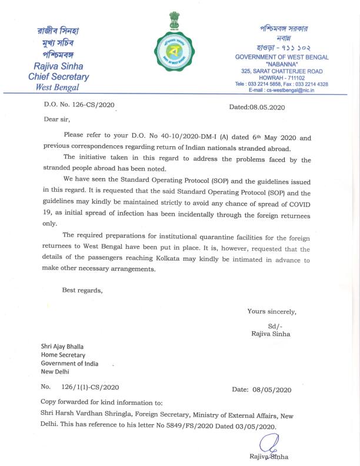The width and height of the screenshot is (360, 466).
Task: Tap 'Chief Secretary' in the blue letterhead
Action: click(x=58, y=77)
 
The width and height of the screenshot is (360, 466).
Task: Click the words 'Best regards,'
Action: click(x=83, y=290)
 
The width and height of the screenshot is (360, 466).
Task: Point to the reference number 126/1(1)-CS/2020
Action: click(x=88, y=387)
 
